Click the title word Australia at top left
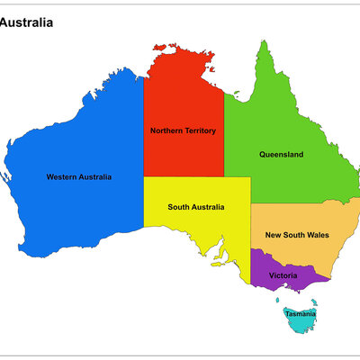(x=26, y=22)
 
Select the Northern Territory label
(x=183, y=130)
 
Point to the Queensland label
(x=281, y=154)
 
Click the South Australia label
(x=196, y=207)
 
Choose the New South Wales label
(x=297, y=235)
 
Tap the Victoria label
(x=283, y=274)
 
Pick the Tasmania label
(x=300, y=314)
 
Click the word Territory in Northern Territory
(x=200, y=130)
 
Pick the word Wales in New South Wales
(x=318, y=235)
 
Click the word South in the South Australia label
(x=178, y=207)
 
